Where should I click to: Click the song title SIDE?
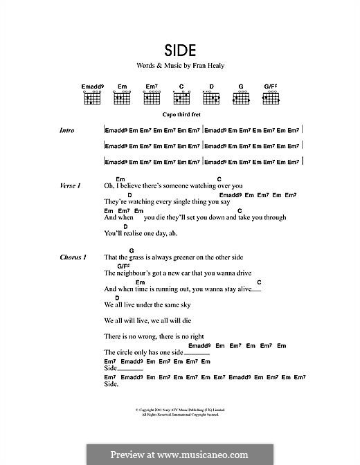pos(180,51)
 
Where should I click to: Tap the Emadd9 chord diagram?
pos(92,98)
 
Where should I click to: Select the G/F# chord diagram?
pos(271,98)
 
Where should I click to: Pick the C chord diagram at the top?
pos(181,98)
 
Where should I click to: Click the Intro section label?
pos(67,131)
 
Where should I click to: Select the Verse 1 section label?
pos(71,185)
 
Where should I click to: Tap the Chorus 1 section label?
pos(73,257)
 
